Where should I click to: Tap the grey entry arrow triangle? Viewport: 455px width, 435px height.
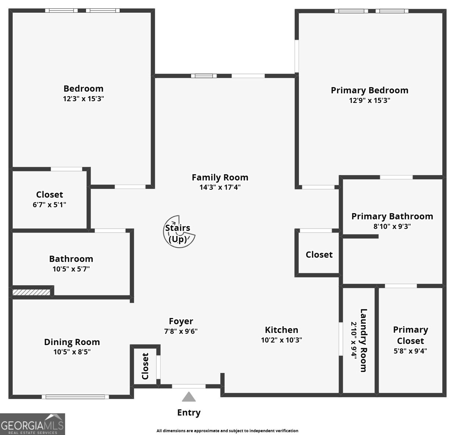pyautogui.click(x=189, y=397)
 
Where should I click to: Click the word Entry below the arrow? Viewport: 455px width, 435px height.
pyautogui.click(x=189, y=413)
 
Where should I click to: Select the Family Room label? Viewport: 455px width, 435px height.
pyautogui.click(x=220, y=177)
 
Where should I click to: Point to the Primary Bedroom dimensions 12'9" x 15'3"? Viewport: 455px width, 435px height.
pyautogui.click(x=370, y=100)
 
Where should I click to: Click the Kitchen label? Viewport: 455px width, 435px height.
pyautogui.click(x=281, y=330)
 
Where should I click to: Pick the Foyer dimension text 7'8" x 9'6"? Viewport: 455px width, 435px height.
pyautogui.click(x=181, y=331)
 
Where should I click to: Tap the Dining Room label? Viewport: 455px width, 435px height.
pyautogui.click(x=72, y=342)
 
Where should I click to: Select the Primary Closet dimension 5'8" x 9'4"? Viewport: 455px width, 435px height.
pyautogui.click(x=410, y=351)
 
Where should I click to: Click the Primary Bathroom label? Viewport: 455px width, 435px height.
pyautogui.click(x=392, y=216)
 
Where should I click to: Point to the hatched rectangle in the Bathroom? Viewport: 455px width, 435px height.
pyautogui.click(x=31, y=292)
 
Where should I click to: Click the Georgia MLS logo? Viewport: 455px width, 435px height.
pyautogui.click(x=33, y=424)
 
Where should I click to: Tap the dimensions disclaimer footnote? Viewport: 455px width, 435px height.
pyautogui.click(x=227, y=431)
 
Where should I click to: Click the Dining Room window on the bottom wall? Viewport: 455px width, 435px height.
pyautogui.click(x=75, y=397)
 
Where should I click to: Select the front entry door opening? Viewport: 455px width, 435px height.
pyautogui.click(x=189, y=386)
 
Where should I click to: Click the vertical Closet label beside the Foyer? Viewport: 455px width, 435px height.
pyautogui.click(x=145, y=366)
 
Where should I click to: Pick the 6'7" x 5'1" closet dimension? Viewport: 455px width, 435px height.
pyautogui.click(x=49, y=205)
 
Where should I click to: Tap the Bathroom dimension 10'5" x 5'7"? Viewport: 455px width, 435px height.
pyautogui.click(x=71, y=269)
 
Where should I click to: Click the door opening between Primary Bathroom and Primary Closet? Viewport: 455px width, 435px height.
pyautogui.click(x=401, y=286)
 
